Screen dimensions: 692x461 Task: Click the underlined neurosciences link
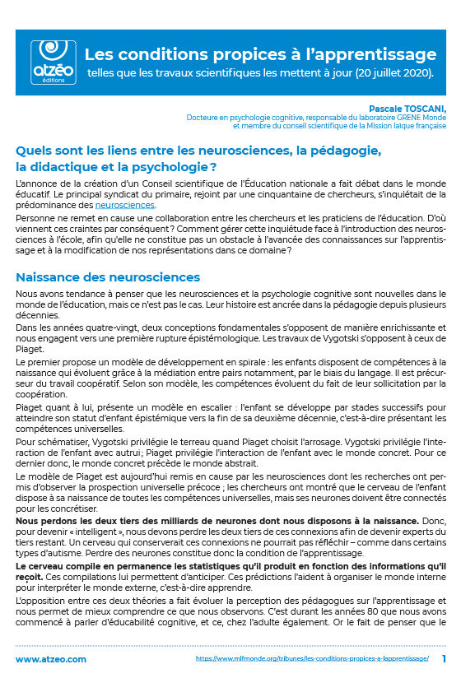125,204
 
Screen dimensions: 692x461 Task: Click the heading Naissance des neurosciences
108,277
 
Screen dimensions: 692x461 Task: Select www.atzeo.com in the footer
51,659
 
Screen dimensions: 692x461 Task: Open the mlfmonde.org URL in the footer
312,659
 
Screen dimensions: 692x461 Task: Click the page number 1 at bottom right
444,659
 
